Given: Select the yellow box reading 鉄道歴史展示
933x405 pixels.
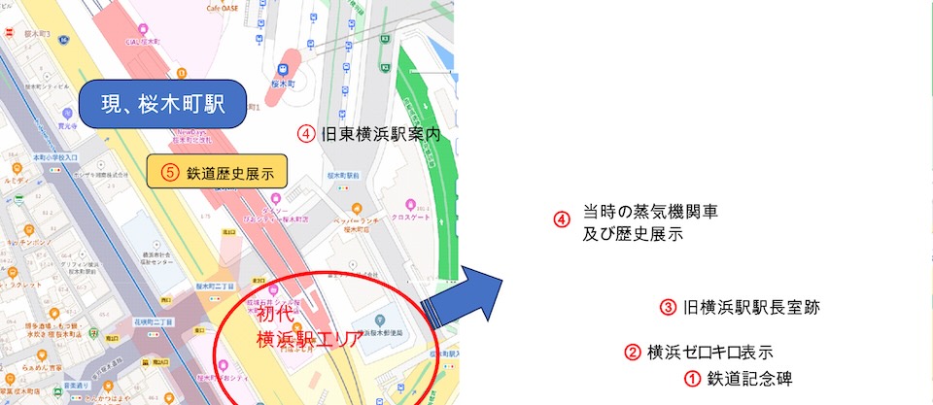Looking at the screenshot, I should tap(218, 174).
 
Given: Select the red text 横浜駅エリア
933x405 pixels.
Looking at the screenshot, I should tap(309, 340).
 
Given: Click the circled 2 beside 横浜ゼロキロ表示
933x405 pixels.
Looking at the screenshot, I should tap(633, 352).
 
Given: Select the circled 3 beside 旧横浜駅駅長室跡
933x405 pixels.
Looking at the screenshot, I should tap(668, 308).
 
